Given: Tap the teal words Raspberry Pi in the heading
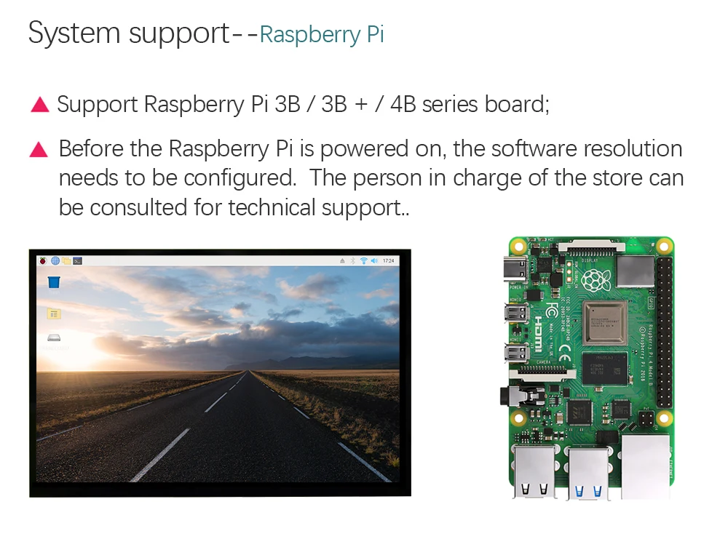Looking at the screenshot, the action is (321, 35).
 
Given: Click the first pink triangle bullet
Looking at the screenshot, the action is (39, 105).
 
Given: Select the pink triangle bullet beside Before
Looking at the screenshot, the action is (39, 150).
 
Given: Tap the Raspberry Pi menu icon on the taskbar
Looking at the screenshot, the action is (44, 260).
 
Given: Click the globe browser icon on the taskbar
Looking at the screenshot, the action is (55, 260).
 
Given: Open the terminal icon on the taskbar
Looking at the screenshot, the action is (77, 260).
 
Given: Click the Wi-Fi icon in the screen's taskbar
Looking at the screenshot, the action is (363, 260).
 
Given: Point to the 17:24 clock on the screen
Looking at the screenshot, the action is (388, 260).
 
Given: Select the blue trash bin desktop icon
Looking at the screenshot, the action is (54, 282).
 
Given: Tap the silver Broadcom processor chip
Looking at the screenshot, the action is (605, 322).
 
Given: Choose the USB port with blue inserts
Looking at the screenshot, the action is (587, 474).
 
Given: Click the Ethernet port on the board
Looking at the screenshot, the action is (646, 466).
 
